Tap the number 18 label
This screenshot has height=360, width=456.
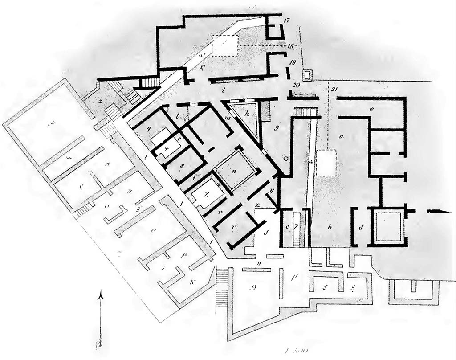(290, 46)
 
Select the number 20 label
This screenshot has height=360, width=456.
(296, 85)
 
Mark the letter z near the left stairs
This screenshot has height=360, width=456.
(102, 102)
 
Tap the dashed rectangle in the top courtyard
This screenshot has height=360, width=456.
(225, 46)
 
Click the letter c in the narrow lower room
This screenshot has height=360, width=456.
(288, 227)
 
